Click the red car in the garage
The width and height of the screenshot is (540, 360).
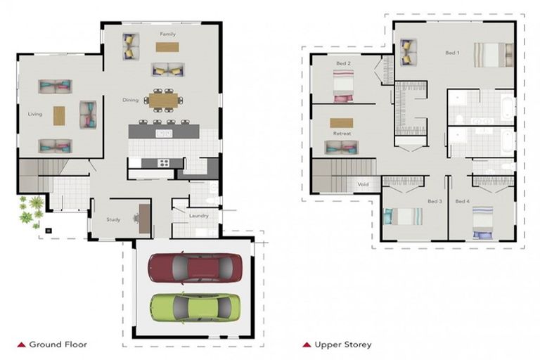pos(195,268)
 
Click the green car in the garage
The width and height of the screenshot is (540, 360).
pos(195,308)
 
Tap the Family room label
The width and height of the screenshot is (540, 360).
pos(168,34)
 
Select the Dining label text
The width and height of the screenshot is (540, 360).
pos(131,100)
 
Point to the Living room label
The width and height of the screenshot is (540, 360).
pos(35,114)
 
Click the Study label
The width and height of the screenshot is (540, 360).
pos(113,219)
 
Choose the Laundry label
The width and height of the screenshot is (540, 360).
pos(199,216)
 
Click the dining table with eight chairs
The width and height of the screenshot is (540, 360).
pos(164,101)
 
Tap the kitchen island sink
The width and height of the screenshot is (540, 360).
pos(164,134)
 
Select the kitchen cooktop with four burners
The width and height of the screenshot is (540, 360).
pos(163,163)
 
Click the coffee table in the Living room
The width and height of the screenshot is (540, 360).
pos(59,116)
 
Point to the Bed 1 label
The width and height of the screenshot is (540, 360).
pos(452,53)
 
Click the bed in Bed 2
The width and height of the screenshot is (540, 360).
pos(343,86)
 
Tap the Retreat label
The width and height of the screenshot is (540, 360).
pos(342,134)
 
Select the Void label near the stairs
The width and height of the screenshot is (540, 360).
pos(363,184)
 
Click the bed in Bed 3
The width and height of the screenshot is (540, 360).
pos(403,217)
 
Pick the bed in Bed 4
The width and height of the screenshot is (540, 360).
pos(482,223)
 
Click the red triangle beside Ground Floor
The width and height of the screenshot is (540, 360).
pos(21,345)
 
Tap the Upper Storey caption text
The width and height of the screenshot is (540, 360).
pos(343,345)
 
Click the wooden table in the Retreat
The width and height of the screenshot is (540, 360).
pos(341,123)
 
